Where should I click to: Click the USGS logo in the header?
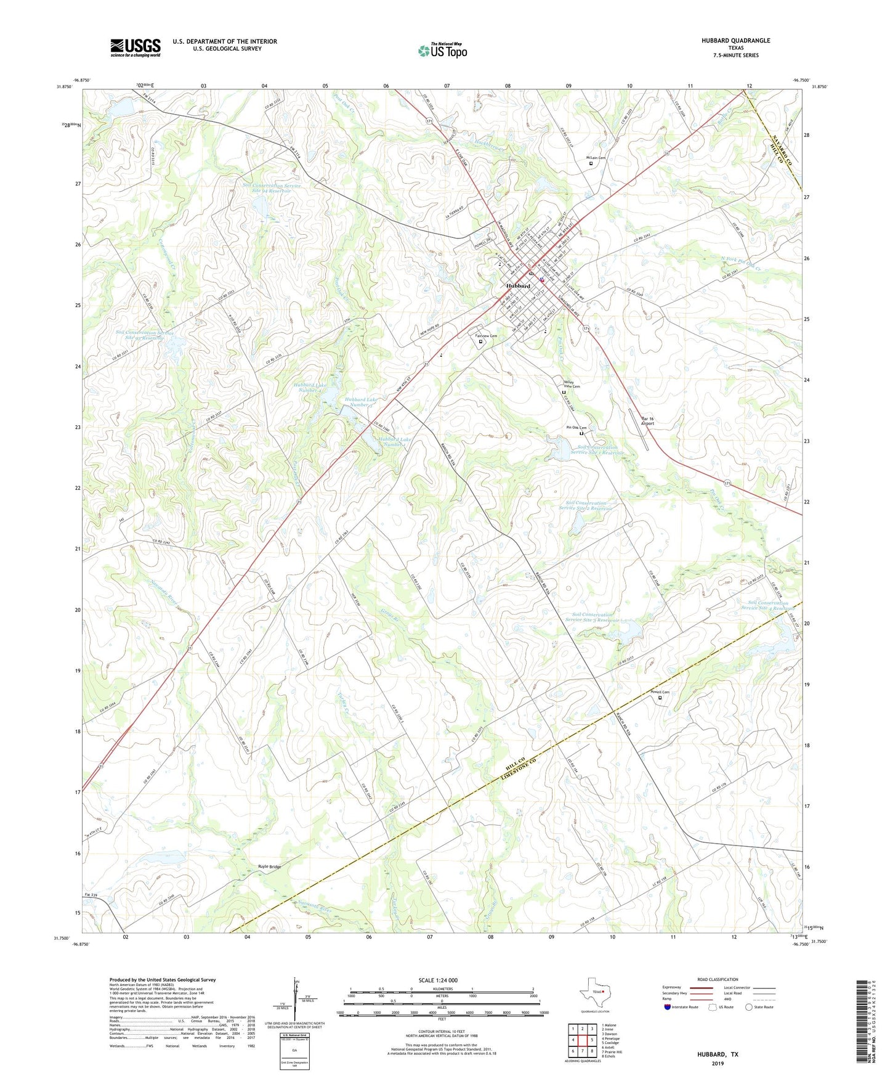[x=135, y=47]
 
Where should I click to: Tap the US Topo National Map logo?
[x=442, y=50]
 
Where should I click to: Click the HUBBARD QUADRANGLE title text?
[x=735, y=41]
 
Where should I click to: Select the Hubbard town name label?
[x=518, y=287]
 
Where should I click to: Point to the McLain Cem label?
[x=595, y=158]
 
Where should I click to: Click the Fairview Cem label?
[x=486, y=336]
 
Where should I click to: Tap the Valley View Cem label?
[x=572, y=384]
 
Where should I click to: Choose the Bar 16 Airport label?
[x=647, y=422]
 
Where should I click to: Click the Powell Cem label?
[x=660, y=692]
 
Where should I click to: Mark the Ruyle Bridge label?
[x=269, y=867]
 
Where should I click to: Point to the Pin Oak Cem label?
[x=576, y=428]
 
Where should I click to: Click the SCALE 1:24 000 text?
[x=438, y=980]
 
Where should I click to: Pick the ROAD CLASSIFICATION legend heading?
[x=718, y=979]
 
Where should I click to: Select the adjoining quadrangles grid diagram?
[x=583, y=1040]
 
